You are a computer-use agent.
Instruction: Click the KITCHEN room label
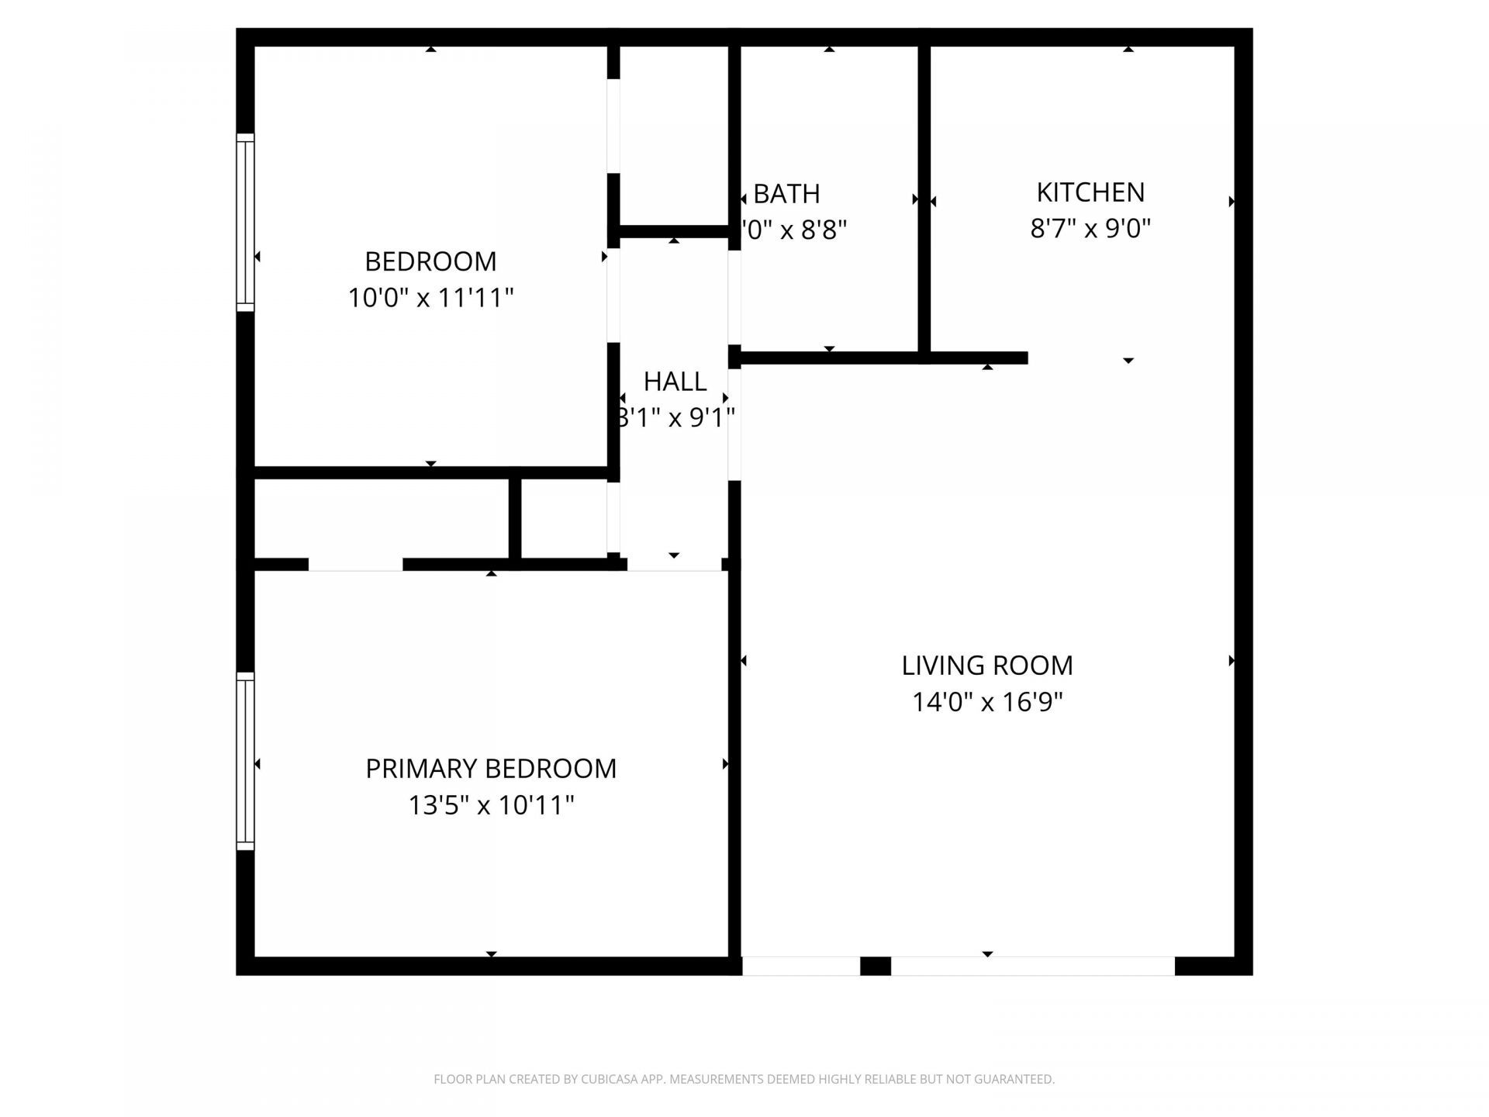point(1090,192)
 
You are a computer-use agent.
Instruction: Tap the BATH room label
point(786,194)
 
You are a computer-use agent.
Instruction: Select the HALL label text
point(675,382)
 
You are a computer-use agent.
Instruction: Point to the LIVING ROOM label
point(987,666)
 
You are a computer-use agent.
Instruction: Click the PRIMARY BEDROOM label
point(491,769)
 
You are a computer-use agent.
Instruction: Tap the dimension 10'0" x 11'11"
point(430,298)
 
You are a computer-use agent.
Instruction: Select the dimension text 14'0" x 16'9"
point(987,702)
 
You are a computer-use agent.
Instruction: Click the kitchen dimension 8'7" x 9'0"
point(1090,229)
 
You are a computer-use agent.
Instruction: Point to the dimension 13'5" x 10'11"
point(491,805)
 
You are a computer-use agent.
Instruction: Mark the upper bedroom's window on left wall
point(245,222)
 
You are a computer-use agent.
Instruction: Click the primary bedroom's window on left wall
point(245,760)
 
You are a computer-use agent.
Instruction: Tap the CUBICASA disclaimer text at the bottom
point(744,1079)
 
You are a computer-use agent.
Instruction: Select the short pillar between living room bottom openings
point(876,966)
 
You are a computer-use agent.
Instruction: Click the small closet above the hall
point(673,136)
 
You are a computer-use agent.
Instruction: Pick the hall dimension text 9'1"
point(712,418)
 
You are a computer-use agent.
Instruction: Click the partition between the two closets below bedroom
point(514,518)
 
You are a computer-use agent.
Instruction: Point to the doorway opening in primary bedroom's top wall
point(355,565)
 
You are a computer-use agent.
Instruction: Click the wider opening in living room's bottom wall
point(1032,966)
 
